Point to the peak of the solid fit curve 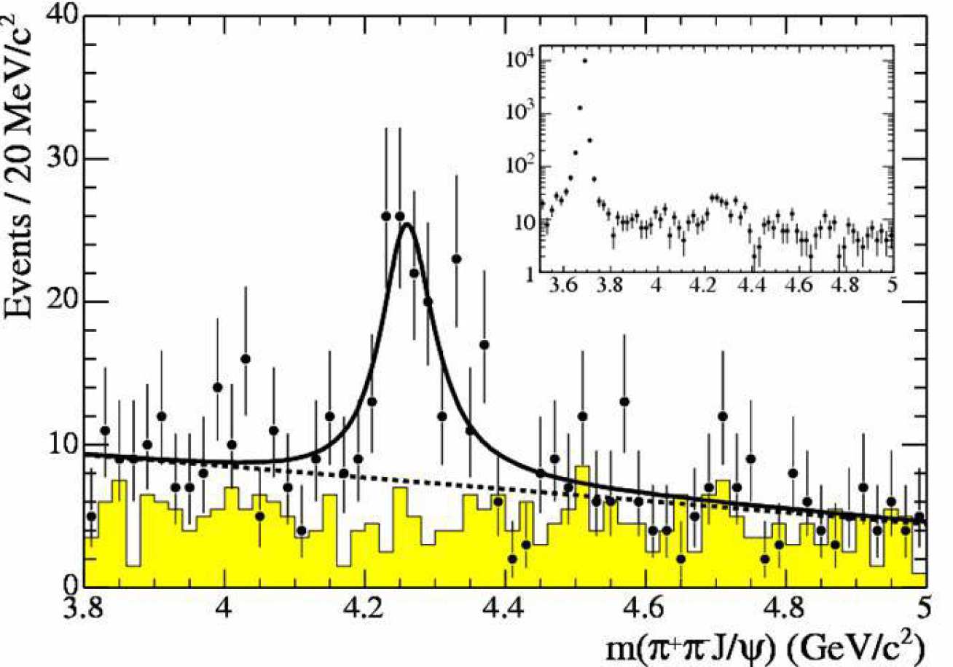coord(407,224)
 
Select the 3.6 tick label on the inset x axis coord(564,288)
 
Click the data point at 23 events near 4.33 coord(456,258)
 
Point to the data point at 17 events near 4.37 coord(484,344)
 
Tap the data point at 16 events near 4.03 coord(246,358)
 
